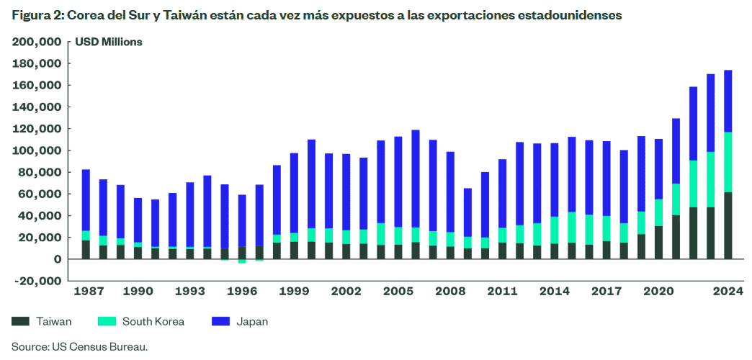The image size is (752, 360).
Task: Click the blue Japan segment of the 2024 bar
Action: click(x=728, y=101)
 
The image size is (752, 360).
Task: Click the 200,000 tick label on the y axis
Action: click(x=37, y=42)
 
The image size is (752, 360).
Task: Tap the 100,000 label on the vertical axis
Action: click(x=37, y=150)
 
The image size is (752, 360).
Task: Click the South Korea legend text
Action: click(x=153, y=321)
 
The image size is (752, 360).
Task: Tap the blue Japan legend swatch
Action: click(x=221, y=321)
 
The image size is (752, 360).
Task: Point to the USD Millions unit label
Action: click(x=109, y=42)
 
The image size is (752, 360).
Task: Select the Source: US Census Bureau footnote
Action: click(x=79, y=346)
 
